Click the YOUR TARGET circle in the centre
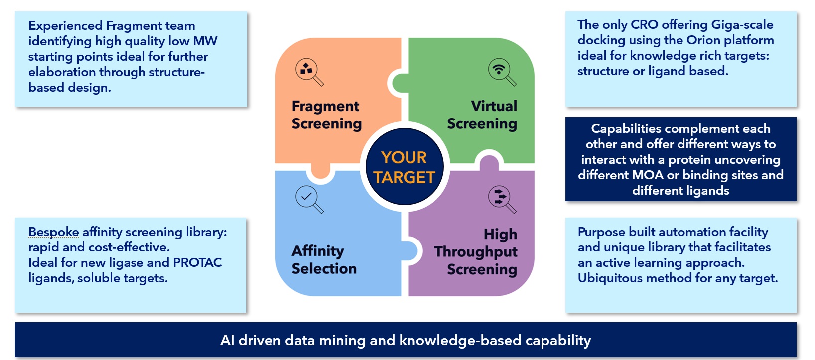pyautogui.click(x=404, y=167)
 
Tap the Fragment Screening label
pyautogui.click(x=326, y=115)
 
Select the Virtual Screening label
pyautogui.click(x=482, y=115)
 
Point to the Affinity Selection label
pyautogui.click(x=324, y=259)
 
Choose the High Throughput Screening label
pyautogui.click(x=476, y=251)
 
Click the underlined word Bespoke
pyautogui.click(x=53, y=232)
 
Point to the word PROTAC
pyautogui.click(x=197, y=263)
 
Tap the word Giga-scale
pyautogui.click(x=742, y=25)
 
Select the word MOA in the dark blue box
pyautogui.click(x=648, y=175)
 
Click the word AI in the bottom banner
pyautogui.click(x=227, y=340)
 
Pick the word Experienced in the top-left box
pyautogui.click(x=65, y=26)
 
